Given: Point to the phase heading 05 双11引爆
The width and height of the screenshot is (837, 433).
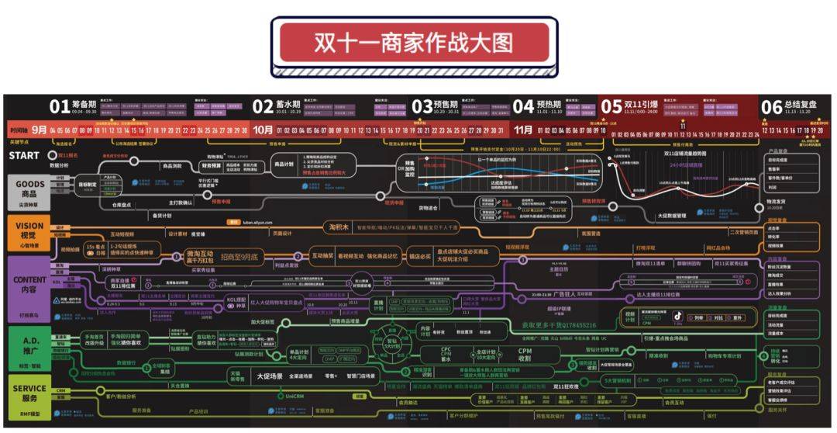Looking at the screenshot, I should coord(629,107).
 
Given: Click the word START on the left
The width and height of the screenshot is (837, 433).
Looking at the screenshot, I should coord(24,155).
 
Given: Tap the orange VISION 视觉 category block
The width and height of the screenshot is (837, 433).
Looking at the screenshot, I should coord(26,231).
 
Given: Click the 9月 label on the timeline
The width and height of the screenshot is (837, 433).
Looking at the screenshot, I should coord(40,130).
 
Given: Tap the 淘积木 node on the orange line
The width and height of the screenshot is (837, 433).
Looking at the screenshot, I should coord(343,227).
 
